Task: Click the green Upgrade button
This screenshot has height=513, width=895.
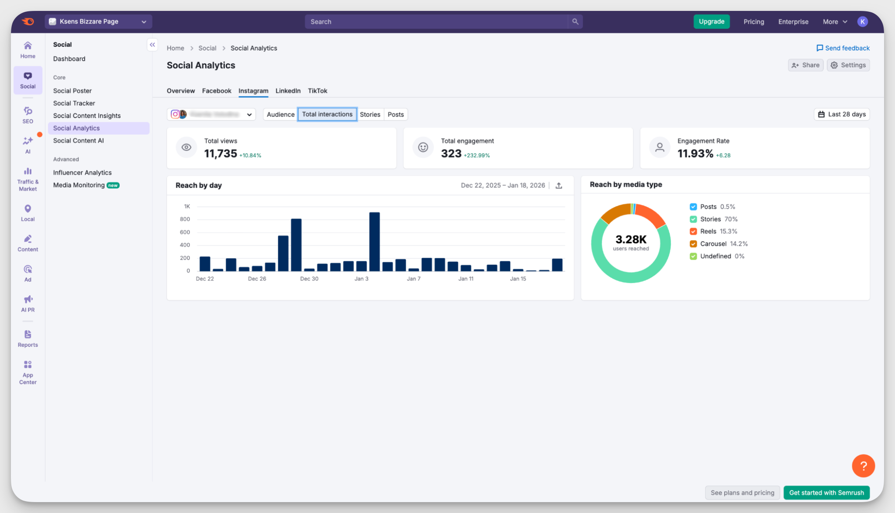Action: coord(711,21)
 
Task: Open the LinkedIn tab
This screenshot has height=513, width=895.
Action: coord(288,91)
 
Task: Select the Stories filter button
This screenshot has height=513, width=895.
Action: coord(370,114)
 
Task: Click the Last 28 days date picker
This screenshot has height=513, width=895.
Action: coord(842,114)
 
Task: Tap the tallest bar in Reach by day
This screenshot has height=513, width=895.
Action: coord(374,241)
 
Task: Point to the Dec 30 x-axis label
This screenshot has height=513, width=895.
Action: coord(309,279)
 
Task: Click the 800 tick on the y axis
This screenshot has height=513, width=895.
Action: coord(185,219)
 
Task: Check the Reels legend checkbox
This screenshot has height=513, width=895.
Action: coord(693,232)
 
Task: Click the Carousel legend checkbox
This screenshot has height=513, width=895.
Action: coord(693,244)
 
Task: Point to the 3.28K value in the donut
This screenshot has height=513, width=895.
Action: coord(631,239)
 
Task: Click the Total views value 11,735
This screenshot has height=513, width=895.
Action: coord(221,154)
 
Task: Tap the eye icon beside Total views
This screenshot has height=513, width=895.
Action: coord(187,147)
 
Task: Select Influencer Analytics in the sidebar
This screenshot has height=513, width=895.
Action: coord(83,173)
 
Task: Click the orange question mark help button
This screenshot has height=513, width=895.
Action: coord(863,466)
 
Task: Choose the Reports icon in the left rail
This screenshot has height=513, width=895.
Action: coord(28,339)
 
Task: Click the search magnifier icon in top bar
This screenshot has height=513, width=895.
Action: coord(575,21)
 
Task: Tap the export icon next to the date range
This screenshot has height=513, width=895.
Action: coord(559,185)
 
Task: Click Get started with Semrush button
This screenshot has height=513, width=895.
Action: coord(826,492)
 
